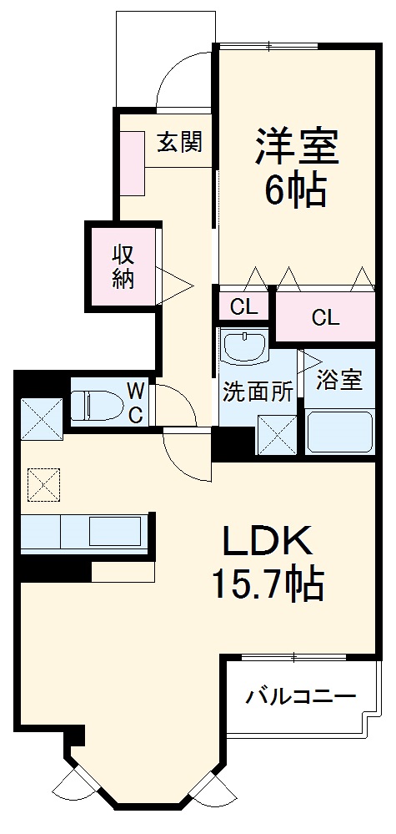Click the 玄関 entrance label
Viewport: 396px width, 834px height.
(x=180, y=143)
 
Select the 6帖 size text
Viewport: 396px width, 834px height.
(x=295, y=191)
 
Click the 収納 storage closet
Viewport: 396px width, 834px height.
(x=124, y=265)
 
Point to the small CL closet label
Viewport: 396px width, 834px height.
(x=244, y=306)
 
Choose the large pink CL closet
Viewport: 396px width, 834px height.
(x=326, y=317)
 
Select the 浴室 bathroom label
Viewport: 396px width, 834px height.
(x=340, y=380)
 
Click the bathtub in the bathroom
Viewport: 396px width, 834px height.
(x=340, y=432)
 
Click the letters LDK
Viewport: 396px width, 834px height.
(x=266, y=543)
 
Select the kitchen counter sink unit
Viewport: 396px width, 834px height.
(x=83, y=532)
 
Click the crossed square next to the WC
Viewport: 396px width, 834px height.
(x=41, y=417)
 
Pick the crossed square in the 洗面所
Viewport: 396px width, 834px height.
(x=276, y=433)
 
